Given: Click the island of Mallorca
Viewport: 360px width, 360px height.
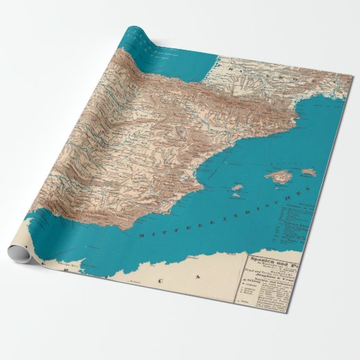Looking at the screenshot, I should pos(279,177).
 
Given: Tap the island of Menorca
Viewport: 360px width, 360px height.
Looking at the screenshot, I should pos(309,173).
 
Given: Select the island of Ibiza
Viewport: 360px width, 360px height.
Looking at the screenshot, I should pos(236,185).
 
